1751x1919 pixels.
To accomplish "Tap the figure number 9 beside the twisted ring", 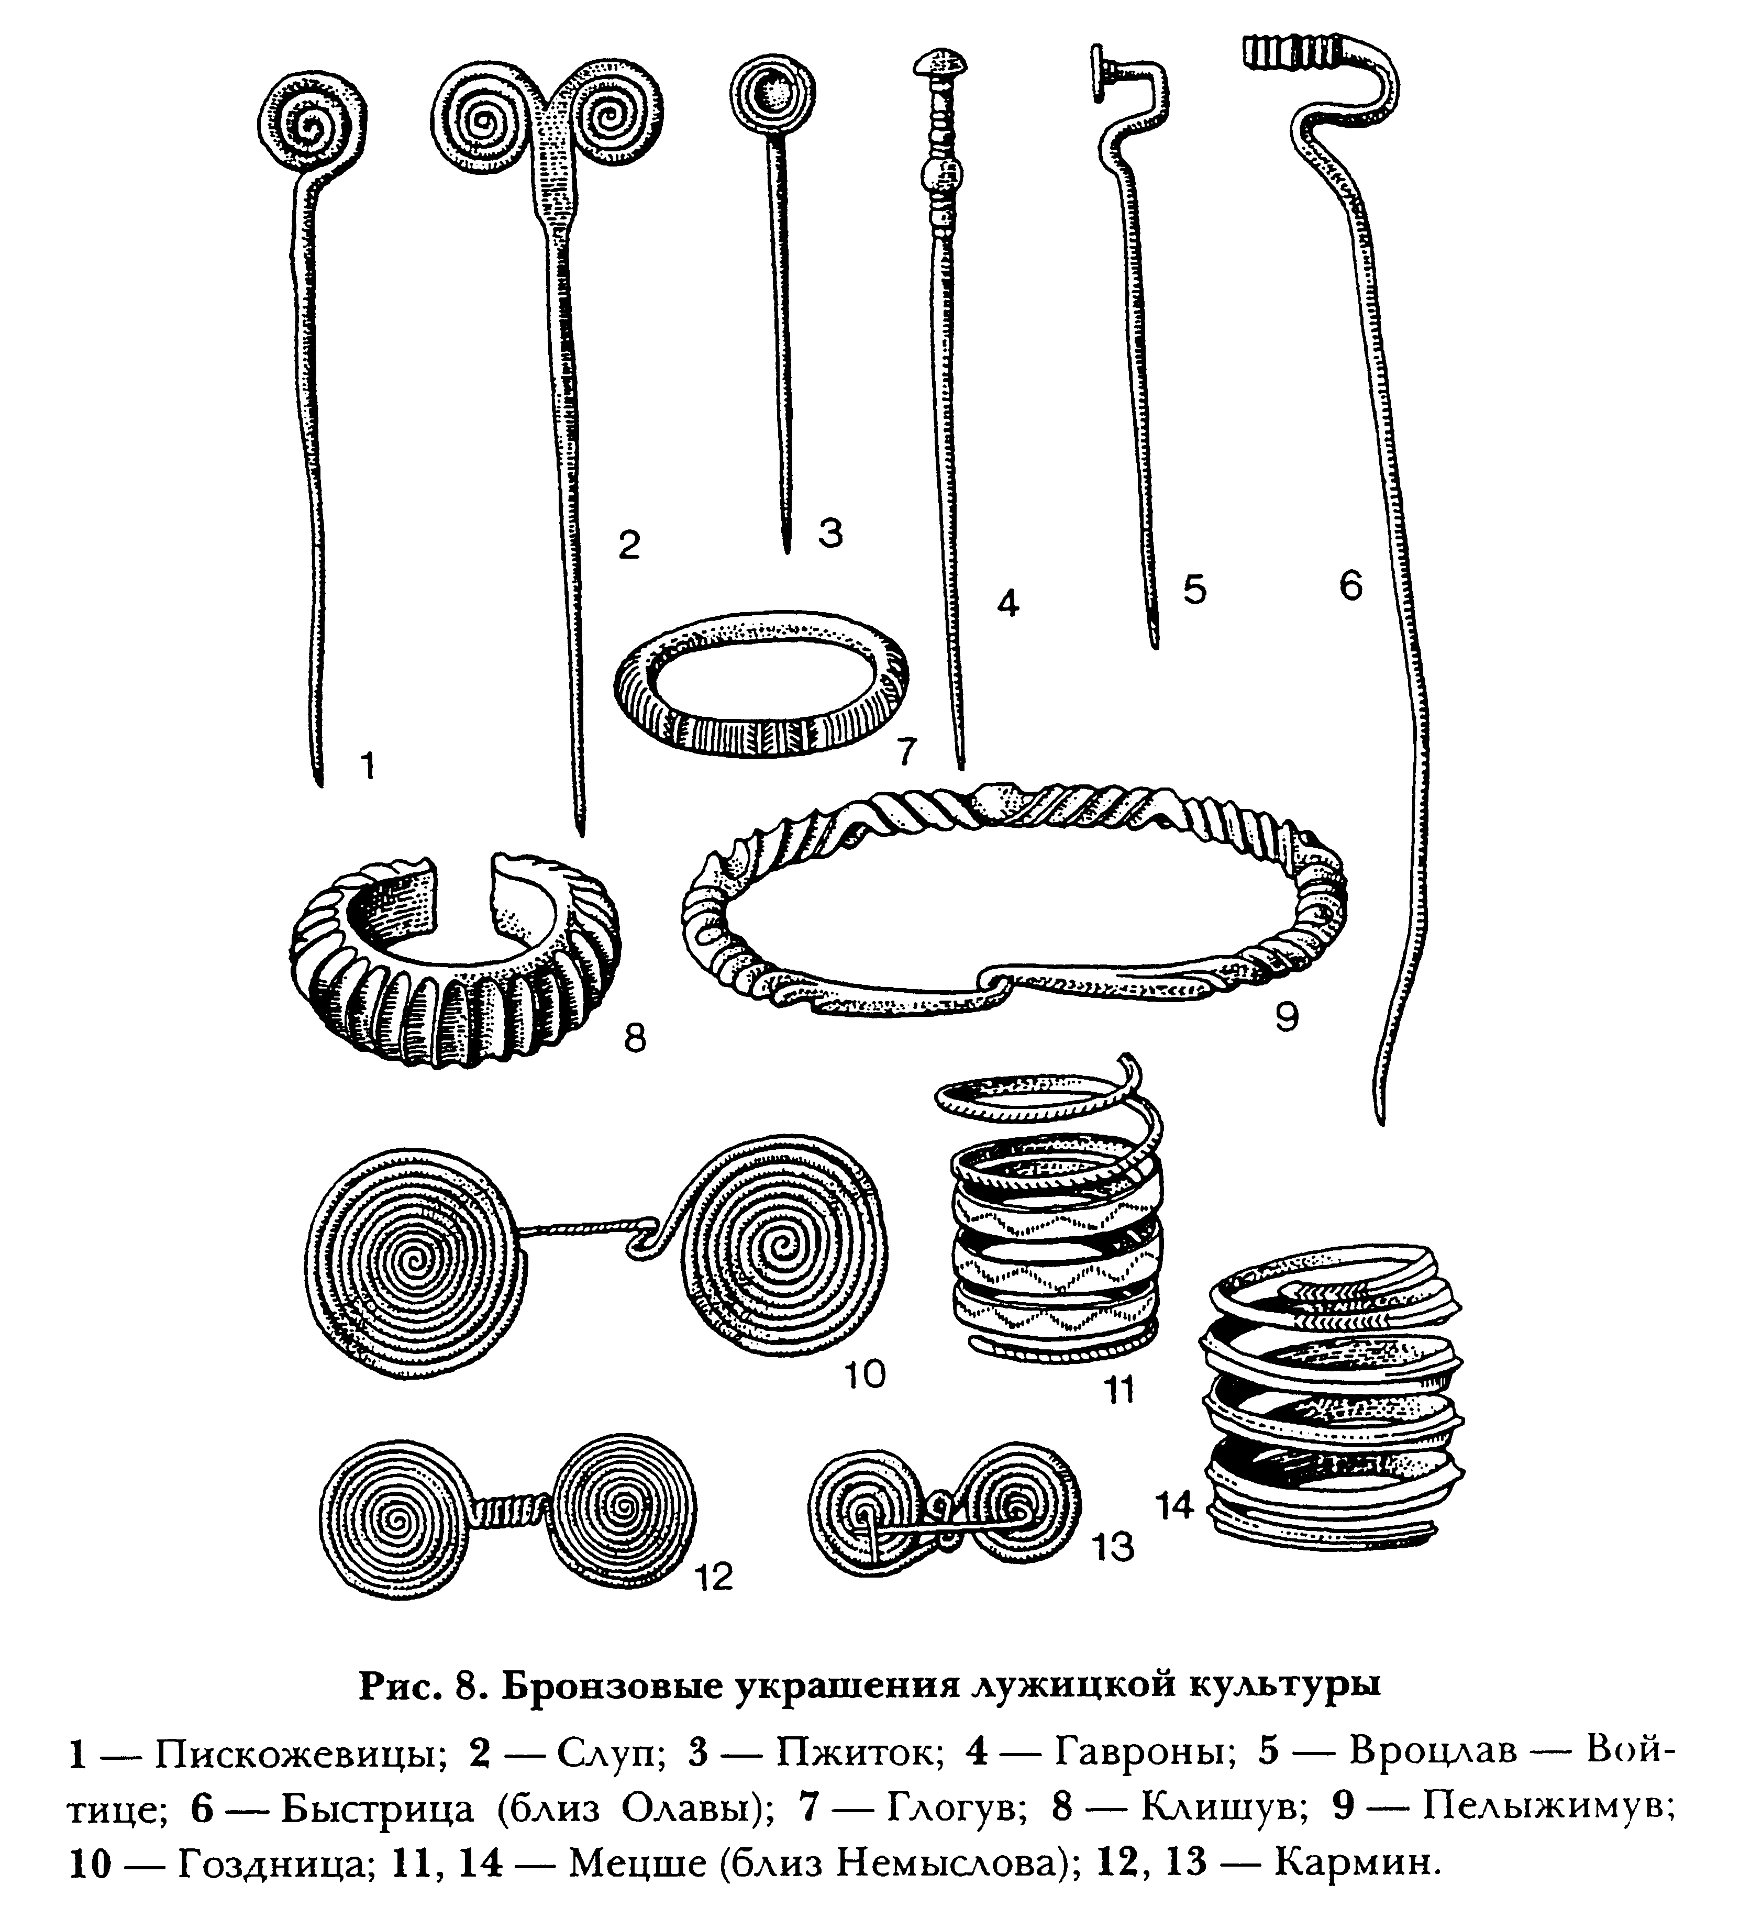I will (x=1287, y=1017).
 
